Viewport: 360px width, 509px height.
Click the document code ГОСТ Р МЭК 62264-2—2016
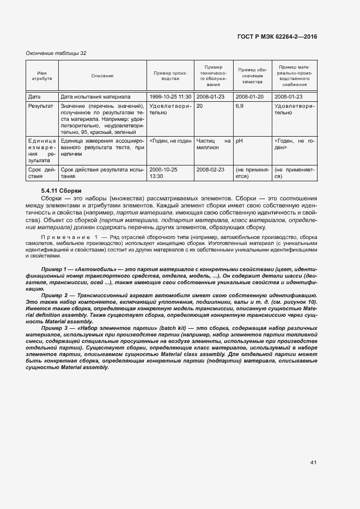[277, 36]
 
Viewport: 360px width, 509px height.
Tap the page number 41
[313, 463]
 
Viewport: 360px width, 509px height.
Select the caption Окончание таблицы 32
[57, 53]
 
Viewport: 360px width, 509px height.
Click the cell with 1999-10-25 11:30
[170, 96]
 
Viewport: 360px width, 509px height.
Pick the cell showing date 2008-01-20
[249, 96]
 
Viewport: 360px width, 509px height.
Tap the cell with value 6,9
[240, 106]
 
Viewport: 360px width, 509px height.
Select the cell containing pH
[239, 140]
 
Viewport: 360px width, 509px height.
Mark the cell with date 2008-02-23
[211, 169]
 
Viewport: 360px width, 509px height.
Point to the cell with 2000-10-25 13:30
[163, 173]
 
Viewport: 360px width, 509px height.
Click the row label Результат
[41, 106]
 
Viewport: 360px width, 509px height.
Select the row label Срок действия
[41, 173]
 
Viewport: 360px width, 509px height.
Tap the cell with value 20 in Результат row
[200, 106]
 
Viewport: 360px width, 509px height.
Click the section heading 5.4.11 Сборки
[61, 191]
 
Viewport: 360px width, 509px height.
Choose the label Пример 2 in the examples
[53, 295]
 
